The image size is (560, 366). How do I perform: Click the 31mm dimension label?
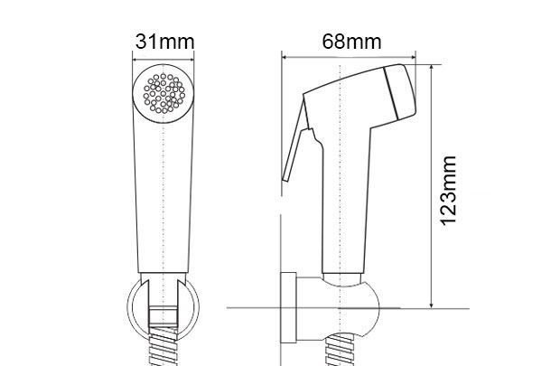click(164, 42)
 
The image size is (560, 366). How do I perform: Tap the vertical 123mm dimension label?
click(449, 191)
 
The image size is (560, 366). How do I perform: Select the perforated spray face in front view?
click(163, 94)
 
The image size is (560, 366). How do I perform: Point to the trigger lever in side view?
click(296, 143)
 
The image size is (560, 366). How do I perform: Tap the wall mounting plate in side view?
click(288, 308)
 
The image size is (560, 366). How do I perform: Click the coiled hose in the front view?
click(163, 346)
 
